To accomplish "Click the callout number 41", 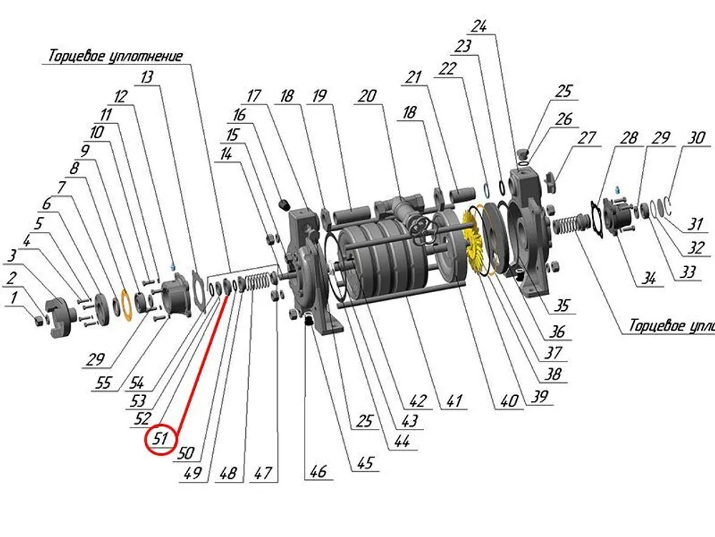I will pos(454,400).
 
